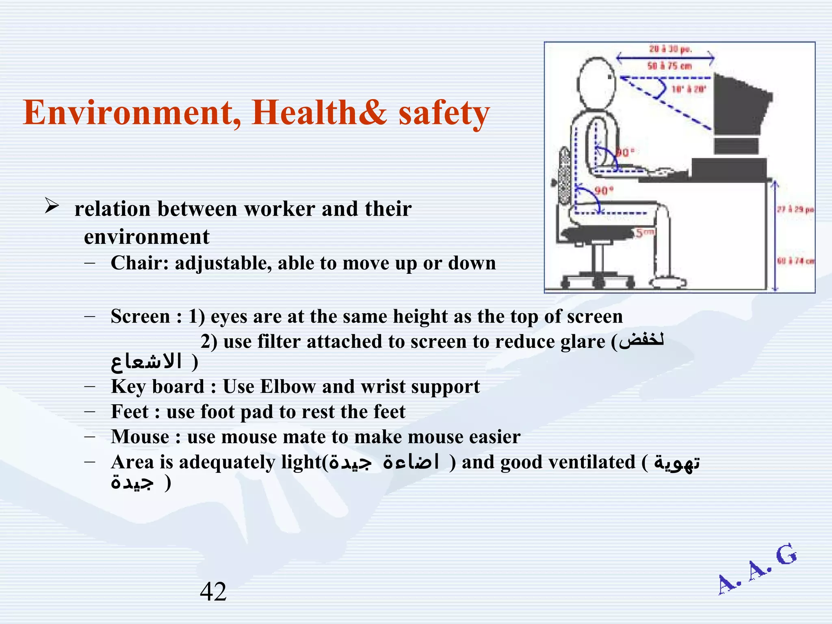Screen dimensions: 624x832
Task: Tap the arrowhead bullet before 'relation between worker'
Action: pos(52,206)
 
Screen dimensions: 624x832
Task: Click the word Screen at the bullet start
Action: pos(140,316)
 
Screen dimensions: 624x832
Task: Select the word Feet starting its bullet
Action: pos(130,412)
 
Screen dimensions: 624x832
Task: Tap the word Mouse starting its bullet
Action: pos(140,437)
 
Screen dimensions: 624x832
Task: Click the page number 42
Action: pos(213,591)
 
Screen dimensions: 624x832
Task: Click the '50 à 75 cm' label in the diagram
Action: pos(669,66)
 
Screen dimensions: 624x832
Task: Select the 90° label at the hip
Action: pos(604,191)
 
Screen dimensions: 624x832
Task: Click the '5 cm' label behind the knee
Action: pos(645,233)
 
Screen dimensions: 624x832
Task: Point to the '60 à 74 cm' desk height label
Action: pos(795,261)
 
